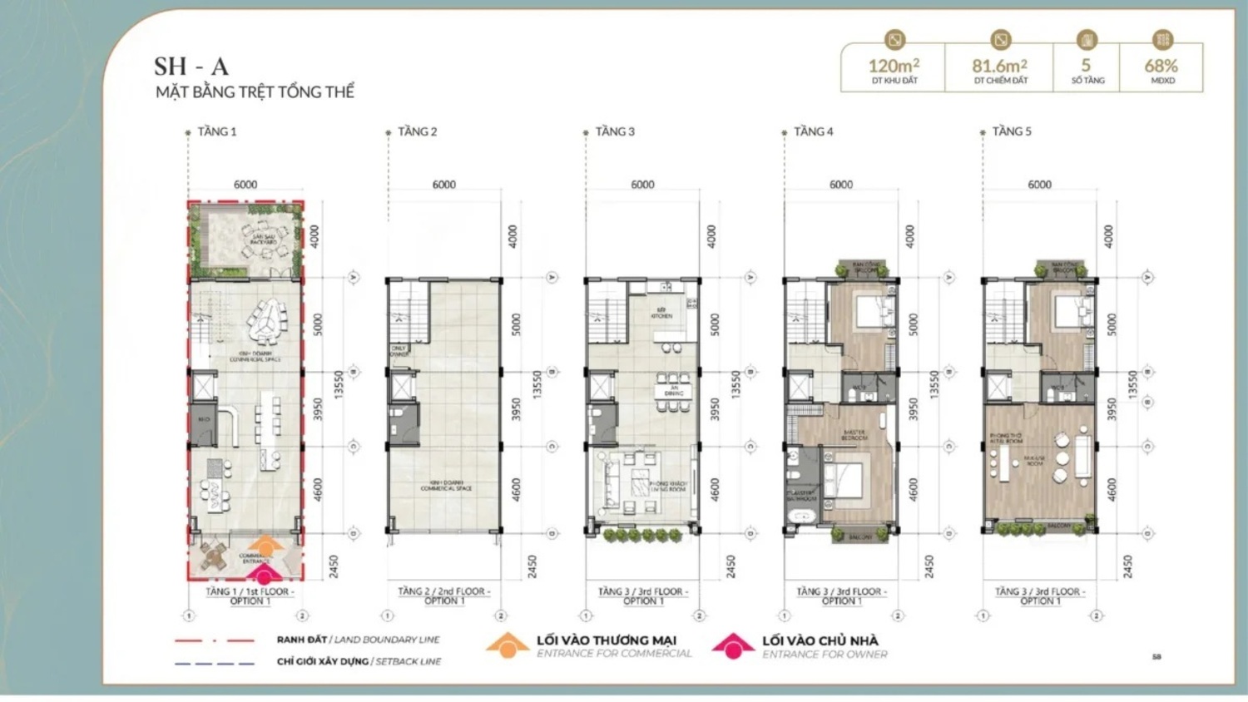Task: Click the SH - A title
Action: (x=191, y=67)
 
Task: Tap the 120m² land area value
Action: (x=894, y=66)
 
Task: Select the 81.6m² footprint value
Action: (x=999, y=66)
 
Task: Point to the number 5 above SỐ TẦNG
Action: (x=1086, y=66)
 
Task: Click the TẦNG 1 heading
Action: (x=216, y=131)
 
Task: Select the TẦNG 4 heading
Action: (x=813, y=131)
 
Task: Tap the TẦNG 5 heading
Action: (x=1011, y=131)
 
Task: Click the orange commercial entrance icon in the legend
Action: (x=508, y=645)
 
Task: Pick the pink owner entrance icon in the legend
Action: (x=733, y=645)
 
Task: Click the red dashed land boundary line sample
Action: (x=215, y=640)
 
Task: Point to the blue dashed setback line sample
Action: (x=215, y=663)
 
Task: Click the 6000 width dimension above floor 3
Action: (x=642, y=185)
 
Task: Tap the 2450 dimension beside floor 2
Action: (x=532, y=566)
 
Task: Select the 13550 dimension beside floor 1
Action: (x=339, y=384)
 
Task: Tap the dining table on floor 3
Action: (x=672, y=392)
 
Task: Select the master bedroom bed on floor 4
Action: (x=848, y=479)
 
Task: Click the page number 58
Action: (x=1156, y=657)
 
